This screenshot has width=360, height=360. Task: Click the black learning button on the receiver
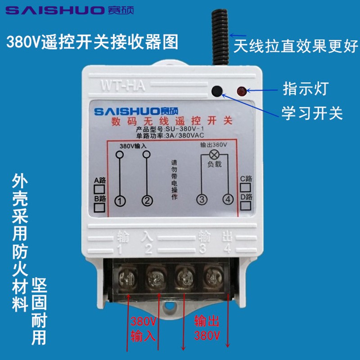tap(217, 91)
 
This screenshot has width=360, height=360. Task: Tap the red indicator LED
tap(241, 91)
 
